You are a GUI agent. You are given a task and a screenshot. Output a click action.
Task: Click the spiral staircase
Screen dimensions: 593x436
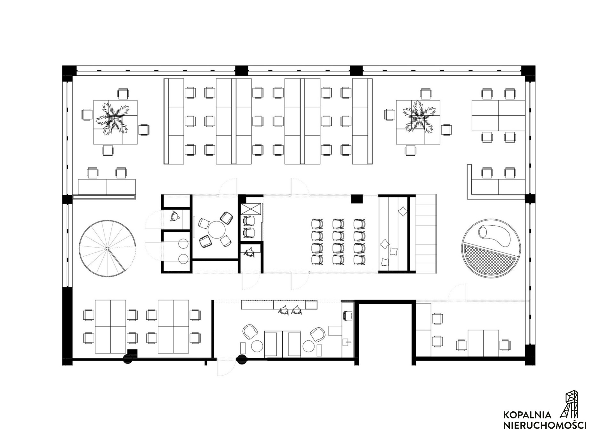pyautogui.click(x=108, y=248)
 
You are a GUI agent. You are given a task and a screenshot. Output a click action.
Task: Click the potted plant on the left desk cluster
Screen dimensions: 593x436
pyautogui.click(x=112, y=118)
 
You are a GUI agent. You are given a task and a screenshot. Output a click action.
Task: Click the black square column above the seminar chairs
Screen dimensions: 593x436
pyautogui.click(x=356, y=199)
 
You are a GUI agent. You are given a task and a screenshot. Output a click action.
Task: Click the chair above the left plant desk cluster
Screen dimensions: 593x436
pyautogui.click(x=123, y=94)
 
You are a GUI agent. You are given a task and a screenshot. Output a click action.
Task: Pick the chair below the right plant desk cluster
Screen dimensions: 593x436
pyautogui.click(x=411, y=150)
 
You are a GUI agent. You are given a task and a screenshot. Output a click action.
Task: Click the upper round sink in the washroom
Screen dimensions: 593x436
pyautogui.click(x=183, y=244)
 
